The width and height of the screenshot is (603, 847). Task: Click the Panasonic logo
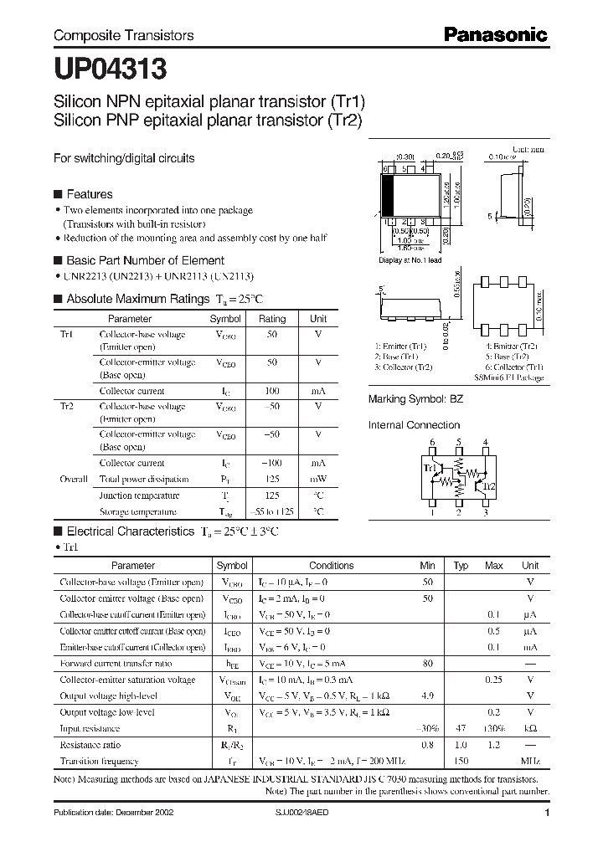[x=494, y=34]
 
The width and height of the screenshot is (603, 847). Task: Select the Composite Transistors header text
[x=123, y=35]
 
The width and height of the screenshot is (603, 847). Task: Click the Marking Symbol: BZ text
[x=415, y=400]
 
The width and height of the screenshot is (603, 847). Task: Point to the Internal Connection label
[x=415, y=425]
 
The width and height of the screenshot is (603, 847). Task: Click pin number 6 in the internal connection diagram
[x=432, y=442]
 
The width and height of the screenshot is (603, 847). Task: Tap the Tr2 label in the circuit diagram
[x=490, y=486]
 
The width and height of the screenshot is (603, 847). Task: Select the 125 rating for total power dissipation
[x=271, y=480]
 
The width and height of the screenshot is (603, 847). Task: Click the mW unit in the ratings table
[x=318, y=480]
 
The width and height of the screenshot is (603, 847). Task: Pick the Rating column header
[x=271, y=319]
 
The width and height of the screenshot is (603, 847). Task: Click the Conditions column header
[x=332, y=566]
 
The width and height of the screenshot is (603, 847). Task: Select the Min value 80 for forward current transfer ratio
[x=427, y=663]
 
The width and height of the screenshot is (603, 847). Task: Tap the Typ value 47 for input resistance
[x=460, y=729]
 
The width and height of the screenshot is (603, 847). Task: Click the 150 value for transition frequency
[x=460, y=762]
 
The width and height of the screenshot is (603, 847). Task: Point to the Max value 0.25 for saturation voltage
[x=494, y=680]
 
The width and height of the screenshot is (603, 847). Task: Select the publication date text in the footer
[x=107, y=813]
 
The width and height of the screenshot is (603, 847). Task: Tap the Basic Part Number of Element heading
[x=145, y=260]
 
